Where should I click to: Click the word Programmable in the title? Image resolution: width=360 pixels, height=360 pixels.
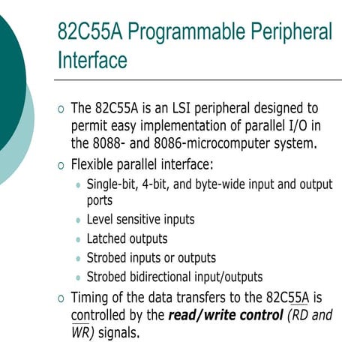pyautogui.click(x=178, y=33)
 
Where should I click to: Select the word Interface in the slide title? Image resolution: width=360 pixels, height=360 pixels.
pyautogui.click(x=92, y=60)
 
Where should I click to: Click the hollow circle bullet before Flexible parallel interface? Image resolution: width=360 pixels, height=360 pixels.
pyautogui.click(x=61, y=165)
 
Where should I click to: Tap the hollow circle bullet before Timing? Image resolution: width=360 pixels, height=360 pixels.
pyautogui.click(x=61, y=298)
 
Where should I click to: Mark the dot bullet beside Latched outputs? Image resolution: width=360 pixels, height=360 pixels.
pyautogui.click(x=79, y=240)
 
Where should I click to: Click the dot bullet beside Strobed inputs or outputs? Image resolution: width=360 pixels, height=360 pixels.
pyautogui.click(x=79, y=258)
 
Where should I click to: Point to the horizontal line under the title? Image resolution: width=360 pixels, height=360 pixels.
pyautogui.click(x=199, y=79)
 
